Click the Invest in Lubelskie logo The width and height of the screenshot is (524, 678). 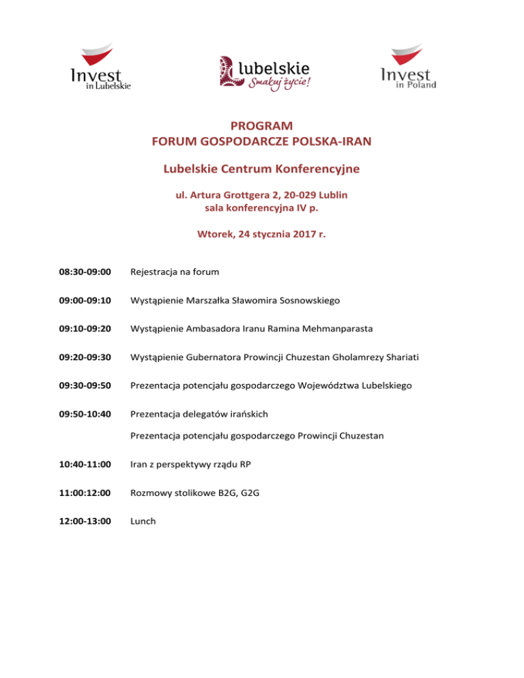100,68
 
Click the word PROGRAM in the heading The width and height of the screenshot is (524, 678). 262,126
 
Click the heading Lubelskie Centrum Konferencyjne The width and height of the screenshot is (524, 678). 262,168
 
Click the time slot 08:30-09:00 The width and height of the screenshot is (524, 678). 85,271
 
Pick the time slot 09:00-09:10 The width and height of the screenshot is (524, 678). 85,299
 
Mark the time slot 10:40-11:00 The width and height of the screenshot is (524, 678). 85,464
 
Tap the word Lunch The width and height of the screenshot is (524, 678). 143,520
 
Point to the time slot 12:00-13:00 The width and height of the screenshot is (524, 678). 85,520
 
